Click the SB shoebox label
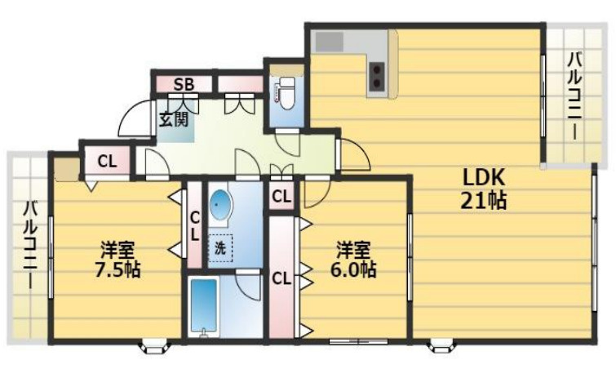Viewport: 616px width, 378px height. [182, 83]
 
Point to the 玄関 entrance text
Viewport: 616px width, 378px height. [173, 120]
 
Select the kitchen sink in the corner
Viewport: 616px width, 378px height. [331, 42]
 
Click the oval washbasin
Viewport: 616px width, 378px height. [220, 206]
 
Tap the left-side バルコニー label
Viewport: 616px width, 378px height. [29, 245]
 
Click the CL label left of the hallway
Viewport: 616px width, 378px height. [107, 161]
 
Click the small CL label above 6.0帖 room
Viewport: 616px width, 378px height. [281, 196]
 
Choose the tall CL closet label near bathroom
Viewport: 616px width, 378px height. [281, 278]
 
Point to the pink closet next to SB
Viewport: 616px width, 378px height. [240, 83]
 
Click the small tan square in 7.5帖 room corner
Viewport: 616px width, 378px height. [65, 169]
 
